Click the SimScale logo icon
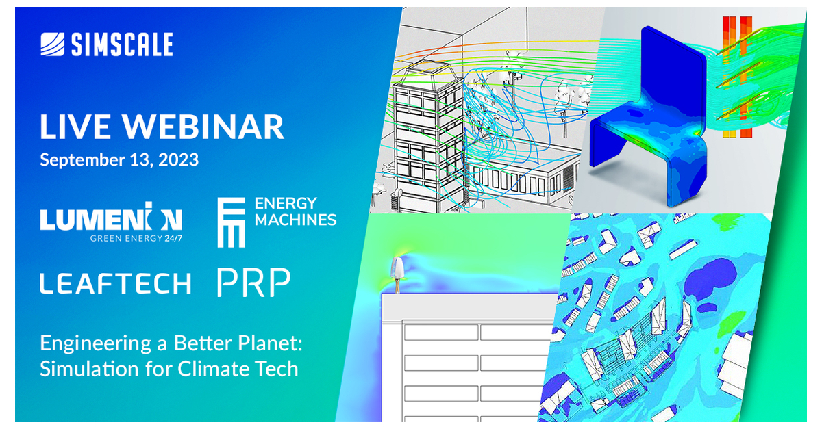click(53, 45)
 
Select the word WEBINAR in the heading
click(203, 127)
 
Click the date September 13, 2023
click(119, 160)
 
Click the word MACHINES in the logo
click(295, 220)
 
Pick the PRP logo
click(253, 283)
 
